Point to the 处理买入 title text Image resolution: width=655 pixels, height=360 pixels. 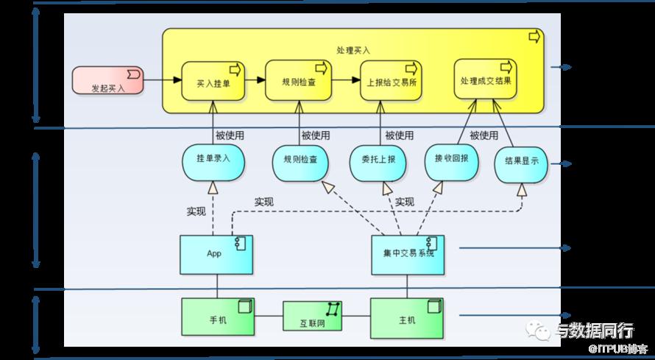point(353,50)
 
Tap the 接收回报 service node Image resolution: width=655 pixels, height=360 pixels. point(452,160)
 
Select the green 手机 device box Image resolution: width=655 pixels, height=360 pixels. point(218,319)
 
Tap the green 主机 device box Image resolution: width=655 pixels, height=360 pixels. point(406,319)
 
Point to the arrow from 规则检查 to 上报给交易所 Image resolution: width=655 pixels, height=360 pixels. point(346,79)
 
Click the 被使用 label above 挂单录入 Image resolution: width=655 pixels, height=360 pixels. point(230,135)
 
